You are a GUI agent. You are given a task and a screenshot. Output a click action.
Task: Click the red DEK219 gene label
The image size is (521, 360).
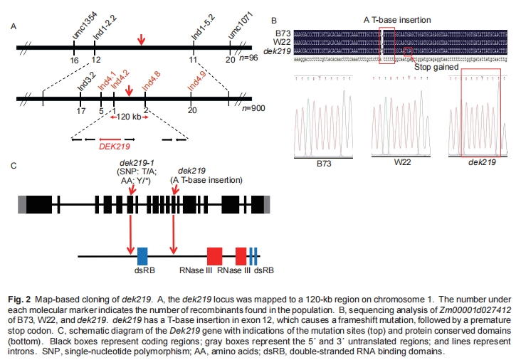point(115,149)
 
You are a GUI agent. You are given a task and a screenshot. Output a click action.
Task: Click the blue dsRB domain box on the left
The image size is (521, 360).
point(142,256)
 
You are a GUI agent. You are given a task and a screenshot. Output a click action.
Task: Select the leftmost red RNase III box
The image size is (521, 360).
point(214,256)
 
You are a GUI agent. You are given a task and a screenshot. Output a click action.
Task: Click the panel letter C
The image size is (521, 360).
point(14,166)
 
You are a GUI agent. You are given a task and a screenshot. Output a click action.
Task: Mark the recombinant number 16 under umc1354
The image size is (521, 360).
point(73,62)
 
